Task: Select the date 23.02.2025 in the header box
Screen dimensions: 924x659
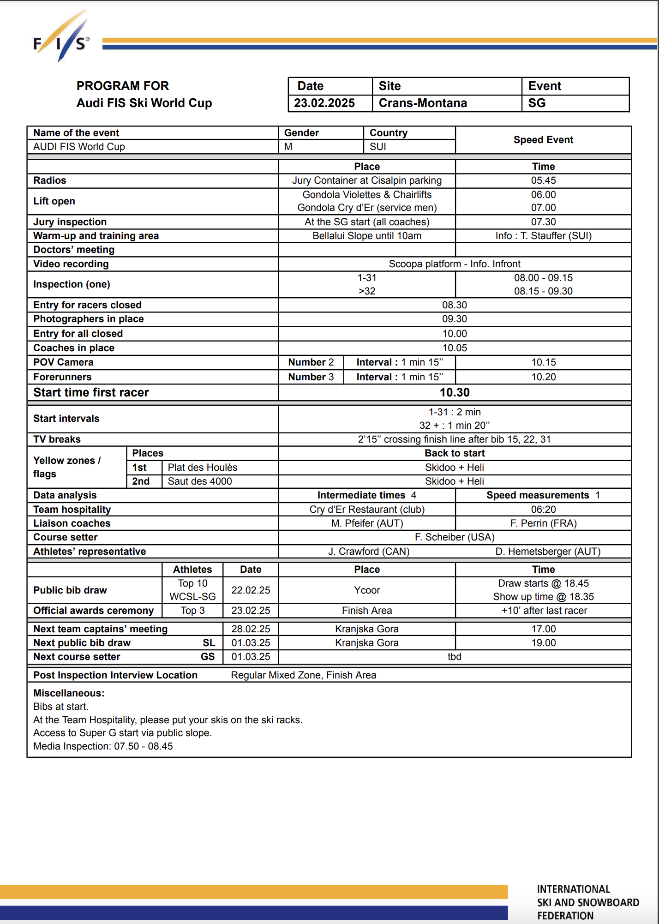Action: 324,103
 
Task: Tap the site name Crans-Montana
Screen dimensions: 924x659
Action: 423,103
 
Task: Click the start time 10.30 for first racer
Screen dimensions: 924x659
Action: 455,392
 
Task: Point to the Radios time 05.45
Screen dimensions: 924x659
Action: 543,180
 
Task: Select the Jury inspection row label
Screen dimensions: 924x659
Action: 70,222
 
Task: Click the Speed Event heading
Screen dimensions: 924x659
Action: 543,140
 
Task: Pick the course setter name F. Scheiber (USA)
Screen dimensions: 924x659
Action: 455,537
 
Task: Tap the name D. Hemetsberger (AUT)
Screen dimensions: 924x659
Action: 548,552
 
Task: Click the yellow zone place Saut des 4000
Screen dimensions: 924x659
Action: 200,481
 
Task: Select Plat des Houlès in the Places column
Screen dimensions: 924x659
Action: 203,468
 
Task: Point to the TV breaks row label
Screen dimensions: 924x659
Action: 57,439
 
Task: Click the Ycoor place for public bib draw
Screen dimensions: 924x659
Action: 367,590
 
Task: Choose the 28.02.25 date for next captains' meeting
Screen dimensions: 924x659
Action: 251,629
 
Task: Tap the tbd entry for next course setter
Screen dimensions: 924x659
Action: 455,657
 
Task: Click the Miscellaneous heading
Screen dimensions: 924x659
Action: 69,693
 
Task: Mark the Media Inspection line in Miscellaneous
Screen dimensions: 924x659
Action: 103,746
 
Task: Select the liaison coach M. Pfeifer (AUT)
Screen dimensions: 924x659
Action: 367,523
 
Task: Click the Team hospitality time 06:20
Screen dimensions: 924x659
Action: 543,510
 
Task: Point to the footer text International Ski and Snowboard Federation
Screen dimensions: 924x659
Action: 588,902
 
